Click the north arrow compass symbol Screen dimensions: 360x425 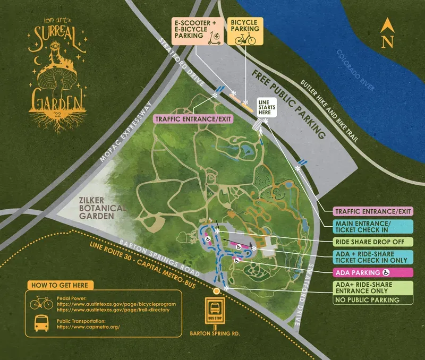(387, 33)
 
